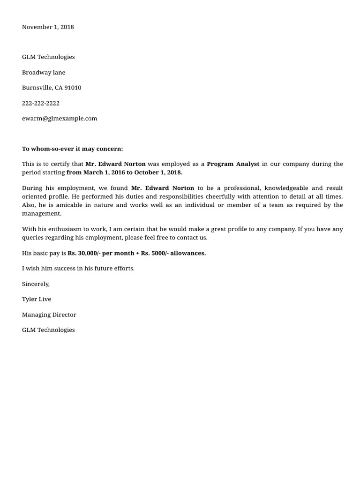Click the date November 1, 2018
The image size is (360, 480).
point(48,27)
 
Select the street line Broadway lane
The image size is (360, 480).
point(44,73)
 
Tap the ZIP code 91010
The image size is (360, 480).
point(73,88)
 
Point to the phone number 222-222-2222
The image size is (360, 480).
point(41,103)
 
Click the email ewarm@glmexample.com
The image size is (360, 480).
point(60,119)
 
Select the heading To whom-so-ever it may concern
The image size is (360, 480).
point(72,149)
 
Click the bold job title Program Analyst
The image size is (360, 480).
point(233,164)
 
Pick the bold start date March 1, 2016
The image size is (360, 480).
point(104,172)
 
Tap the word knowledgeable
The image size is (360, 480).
point(286,188)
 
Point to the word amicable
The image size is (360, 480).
point(69,205)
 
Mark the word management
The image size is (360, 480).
point(41,213)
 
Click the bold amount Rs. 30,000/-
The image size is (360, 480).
point(83,253)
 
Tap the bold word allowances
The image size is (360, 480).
point(187,253)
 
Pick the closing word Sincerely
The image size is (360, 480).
point(36,284)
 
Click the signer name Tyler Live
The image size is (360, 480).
point(37,299)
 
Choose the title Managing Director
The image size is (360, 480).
point(49,315)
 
